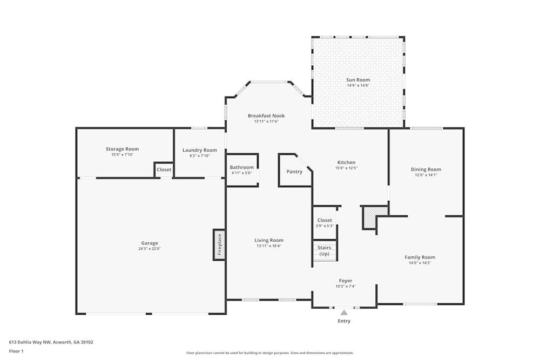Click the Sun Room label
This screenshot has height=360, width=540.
point(358,80)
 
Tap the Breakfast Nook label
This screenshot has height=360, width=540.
point(266,116)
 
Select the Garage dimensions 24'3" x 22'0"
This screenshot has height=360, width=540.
point(150,249)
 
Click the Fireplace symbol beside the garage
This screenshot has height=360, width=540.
point(219,244)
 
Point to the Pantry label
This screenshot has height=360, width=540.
point(294,172)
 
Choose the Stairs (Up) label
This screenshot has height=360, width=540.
point(325,251)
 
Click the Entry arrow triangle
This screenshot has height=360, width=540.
point(344,312)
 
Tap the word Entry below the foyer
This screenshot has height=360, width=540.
point(344,321)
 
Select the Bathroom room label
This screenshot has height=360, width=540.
point(241,167)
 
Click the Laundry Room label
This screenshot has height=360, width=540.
point(200,150)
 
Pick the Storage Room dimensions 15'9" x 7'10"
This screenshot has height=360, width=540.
point(123,155)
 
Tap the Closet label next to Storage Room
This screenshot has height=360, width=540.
point(164,169)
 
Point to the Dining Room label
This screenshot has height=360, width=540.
point(426,169)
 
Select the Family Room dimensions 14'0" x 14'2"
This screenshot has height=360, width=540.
point(420,263)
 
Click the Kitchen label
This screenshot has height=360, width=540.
point(346,162)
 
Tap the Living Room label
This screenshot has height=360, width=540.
point(269,240)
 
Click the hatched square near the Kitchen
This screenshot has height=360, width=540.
point(369,217)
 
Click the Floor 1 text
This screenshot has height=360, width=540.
point(16,351)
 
